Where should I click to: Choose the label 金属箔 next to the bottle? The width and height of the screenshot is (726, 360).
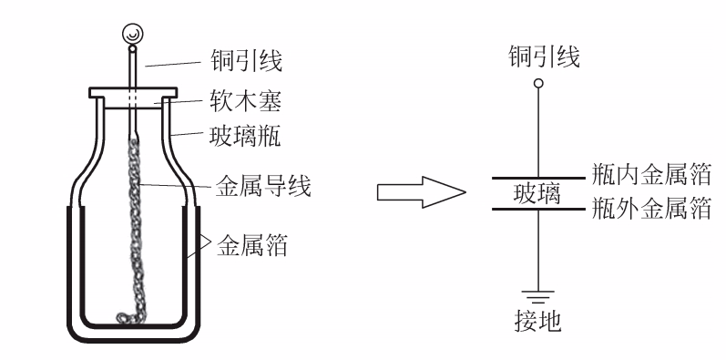251,244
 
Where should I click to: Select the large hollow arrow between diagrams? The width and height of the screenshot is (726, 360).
420,192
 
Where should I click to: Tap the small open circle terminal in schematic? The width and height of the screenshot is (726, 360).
539,84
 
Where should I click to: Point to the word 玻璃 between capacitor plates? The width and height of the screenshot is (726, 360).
539,193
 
